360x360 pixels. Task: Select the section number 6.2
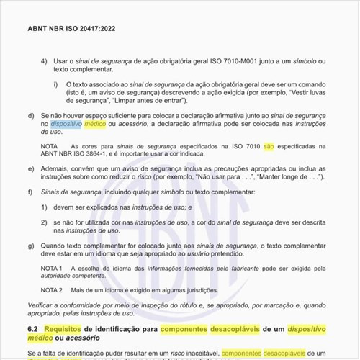(33, 328)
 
